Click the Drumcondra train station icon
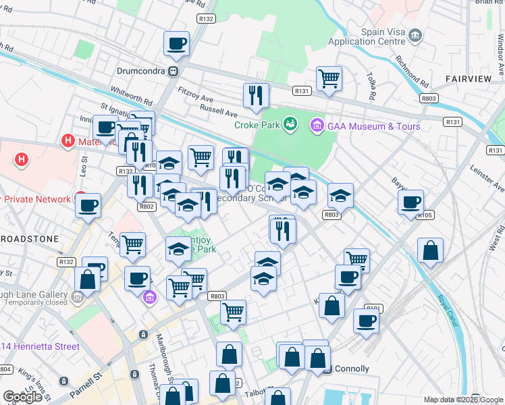coord(174,70)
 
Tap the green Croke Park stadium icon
coord(290,124)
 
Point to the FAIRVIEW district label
coord(468,79)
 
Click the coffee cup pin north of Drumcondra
coord(177,44)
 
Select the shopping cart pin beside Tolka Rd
coord(329,78)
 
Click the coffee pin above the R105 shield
coord(410,202)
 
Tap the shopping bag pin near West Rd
coord(430,250)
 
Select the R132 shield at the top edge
coord(207,19)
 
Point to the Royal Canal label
coord(448,311)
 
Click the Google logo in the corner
coord(23,397)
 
